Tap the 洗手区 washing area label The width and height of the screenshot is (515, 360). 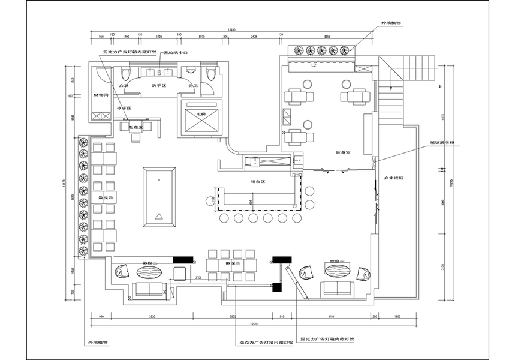click(x=159, y=86)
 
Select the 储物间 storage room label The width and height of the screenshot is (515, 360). click(x=101, y=95)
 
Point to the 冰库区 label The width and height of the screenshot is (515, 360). click(x=124, y=108)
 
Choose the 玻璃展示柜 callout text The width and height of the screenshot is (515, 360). click(x=427, y=142)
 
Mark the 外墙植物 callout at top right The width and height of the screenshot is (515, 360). click(x=391, y=22)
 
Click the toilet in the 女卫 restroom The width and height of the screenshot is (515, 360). click(x=125, y=74)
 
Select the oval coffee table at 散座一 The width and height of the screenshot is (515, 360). click(x=337, y=272)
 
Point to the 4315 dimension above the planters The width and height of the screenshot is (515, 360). click(x=327, y=37)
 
